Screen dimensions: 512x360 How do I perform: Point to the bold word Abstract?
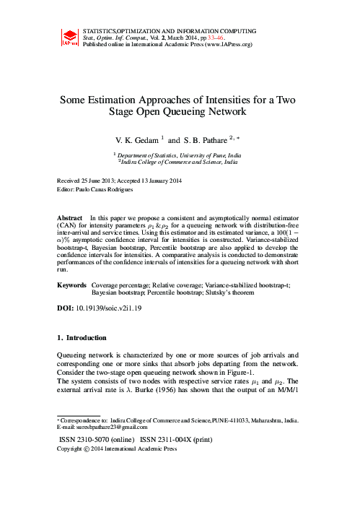coord(70,217)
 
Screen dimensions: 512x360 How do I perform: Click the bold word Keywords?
coord(71,286)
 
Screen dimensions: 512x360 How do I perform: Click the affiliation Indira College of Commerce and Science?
coord(181,163)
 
